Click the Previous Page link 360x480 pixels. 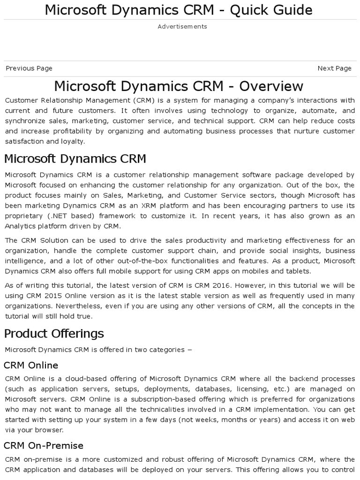[x=29, y=68]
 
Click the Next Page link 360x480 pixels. [x=334, y=68]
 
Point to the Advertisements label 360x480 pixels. [x=182, y=27]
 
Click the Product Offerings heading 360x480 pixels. [x=54, y=334]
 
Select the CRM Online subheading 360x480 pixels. [x=31, y=365]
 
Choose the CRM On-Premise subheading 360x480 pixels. [x=44, y=445]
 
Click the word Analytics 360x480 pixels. [x=21, y=226]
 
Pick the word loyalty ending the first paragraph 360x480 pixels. [x=72, y=141]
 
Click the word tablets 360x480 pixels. [x=298, y=271]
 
